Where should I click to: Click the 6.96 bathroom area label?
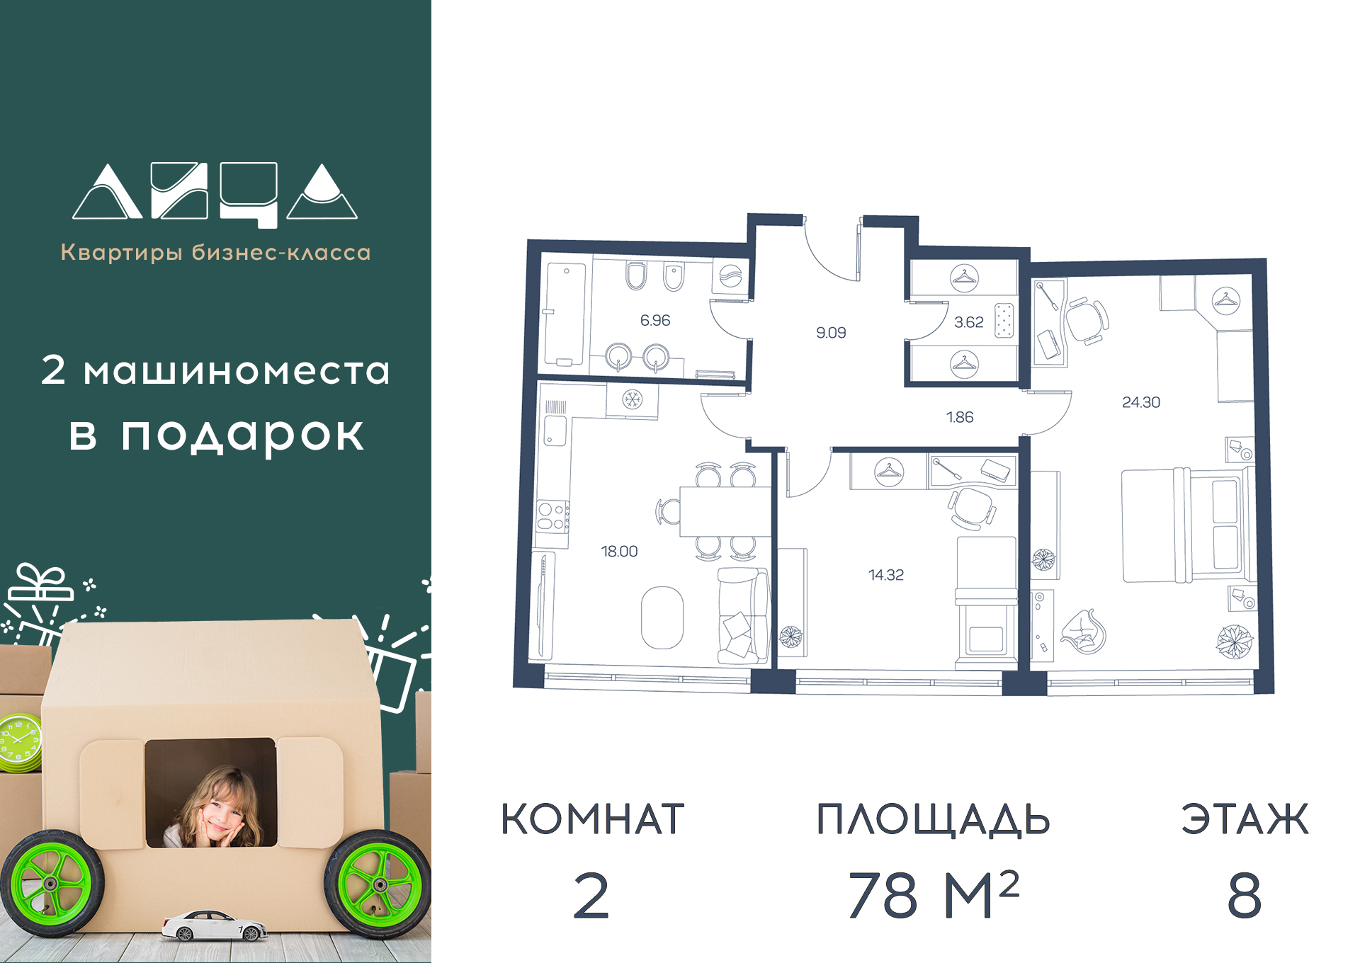click(655, 320)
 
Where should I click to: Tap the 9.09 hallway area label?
click(831, 333)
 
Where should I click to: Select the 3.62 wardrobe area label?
click(968, 322)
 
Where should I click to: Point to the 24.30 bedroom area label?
click(1141, 402)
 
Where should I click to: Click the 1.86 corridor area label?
click(960, 417)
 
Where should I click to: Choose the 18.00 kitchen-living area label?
click(619, 551)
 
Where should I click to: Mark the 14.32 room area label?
click(886, 575)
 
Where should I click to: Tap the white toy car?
click(215, 926)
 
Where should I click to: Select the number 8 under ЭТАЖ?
click(1245, 896)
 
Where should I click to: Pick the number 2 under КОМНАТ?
click(591, 896)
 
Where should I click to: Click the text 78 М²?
click(934, 894)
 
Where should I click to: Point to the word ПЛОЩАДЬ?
click(933, 820)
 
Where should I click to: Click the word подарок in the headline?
click(242, 434)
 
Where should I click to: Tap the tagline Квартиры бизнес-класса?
click(215, 252)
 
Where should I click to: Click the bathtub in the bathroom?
click(565, 314)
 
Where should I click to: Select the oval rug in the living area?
click(662, 617)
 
